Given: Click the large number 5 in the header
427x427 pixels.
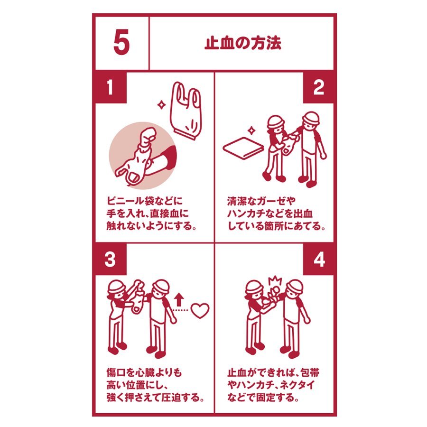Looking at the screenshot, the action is [x=121, y=43].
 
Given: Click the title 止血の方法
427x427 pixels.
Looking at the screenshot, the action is [x=242, y=43].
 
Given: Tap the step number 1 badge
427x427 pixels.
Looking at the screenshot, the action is [x=110, y=87].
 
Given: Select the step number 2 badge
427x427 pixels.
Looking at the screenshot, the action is [x=319, y=87].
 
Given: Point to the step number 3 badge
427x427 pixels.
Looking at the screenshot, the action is [x=110, y=259].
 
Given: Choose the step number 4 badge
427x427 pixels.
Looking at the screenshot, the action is [x=319, y=259].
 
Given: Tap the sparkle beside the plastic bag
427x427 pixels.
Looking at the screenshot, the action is [x=162, y=104].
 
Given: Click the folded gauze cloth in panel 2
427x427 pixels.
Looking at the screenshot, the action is [x=243, y=148].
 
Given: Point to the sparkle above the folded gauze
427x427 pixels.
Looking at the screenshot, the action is [x=251, y=130].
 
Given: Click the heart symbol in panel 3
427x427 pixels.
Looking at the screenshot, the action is [x=200, y=310].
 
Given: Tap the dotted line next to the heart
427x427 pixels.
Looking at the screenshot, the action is [x=180, y=310].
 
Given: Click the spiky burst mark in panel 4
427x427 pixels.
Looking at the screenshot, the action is [x=275, y=281].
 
